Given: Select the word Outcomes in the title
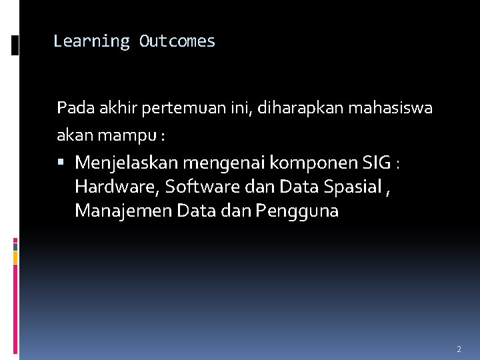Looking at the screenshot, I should point(177,41).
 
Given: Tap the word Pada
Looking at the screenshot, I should point(71,107).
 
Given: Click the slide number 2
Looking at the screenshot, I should point(459,349).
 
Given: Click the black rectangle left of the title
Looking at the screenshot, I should point(15,45).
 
